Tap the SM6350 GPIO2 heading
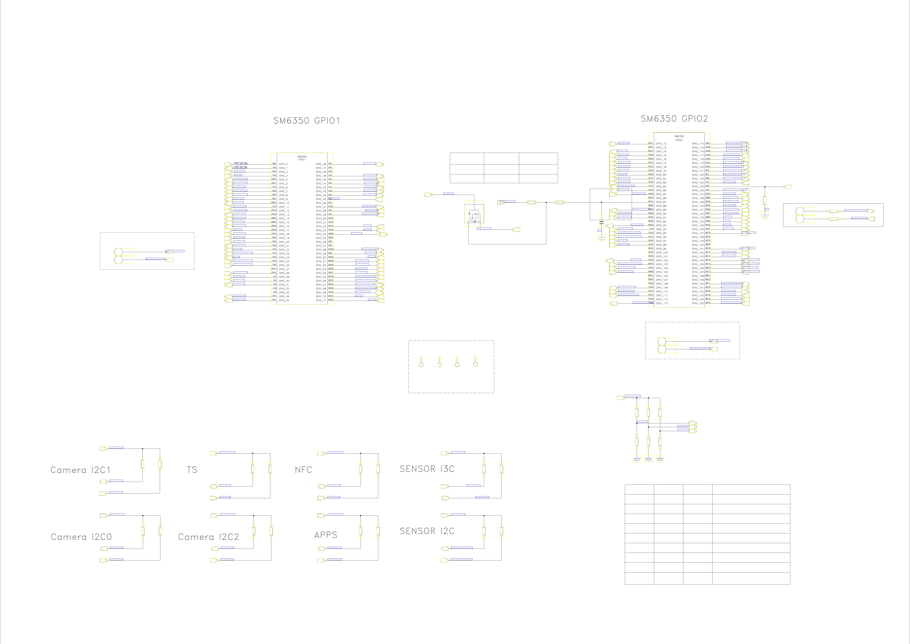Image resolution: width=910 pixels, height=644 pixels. (674, 119)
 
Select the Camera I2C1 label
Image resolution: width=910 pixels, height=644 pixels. (80, 470)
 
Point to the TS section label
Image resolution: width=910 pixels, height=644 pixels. (192, 470)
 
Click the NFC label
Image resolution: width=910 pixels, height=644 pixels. (303, 470)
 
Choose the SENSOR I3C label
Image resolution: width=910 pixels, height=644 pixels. (427, 469)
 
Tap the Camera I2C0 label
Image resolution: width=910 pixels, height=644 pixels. (81, 537)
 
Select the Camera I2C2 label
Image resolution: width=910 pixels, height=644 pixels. (208, 537)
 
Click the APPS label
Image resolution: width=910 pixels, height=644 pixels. (325, 535)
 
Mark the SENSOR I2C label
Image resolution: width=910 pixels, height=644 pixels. (427, 531)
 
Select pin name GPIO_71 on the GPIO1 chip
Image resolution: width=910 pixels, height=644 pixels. (321, 300)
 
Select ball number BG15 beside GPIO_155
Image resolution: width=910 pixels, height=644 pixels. (708, 303)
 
